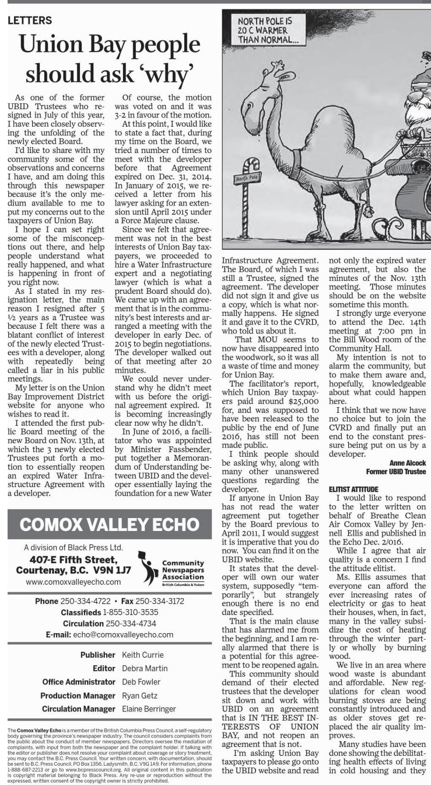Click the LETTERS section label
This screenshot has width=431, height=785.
click(30, 20)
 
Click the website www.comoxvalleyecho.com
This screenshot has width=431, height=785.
click(73, 582)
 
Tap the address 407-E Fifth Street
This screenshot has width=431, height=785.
click(73, 559)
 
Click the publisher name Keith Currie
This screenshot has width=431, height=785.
click(143, 655)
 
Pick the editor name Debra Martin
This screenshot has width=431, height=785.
click(145, 668)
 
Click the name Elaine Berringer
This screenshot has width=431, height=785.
click(149, 708)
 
